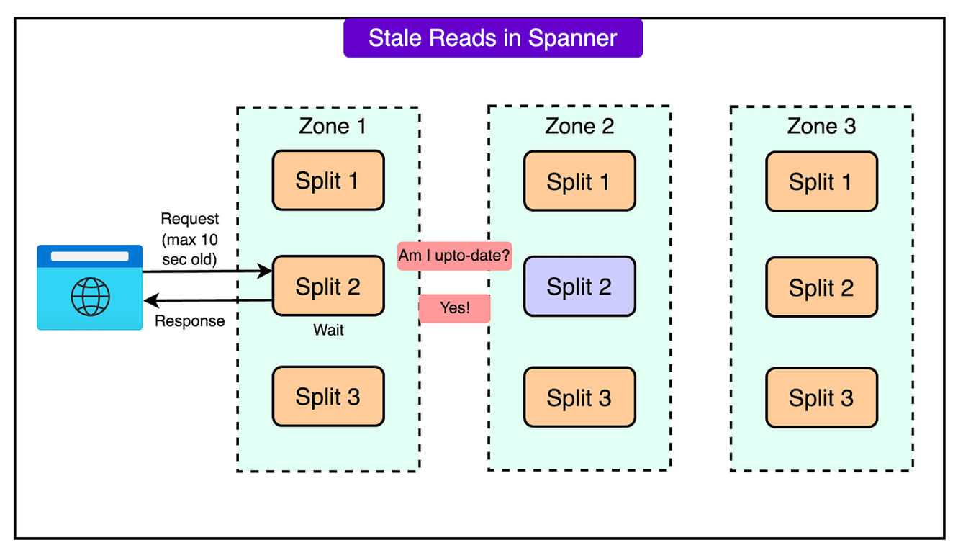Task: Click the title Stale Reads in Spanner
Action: click(492, 38)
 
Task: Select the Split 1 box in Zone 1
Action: click(327, 181)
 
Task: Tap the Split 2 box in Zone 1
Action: click(327, 286)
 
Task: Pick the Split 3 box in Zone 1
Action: click(327, 397)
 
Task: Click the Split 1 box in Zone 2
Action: click(579, 181)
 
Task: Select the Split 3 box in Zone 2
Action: click(579, 397)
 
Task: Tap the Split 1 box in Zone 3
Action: click(821, 181)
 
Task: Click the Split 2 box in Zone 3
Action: click(821, 287)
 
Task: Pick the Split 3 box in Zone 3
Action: click(821, 397)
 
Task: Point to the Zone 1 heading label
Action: click(333, 126)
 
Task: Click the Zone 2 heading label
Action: click(579, 126)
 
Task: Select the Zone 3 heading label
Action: click(821, 126)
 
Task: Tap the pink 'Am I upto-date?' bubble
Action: click(454, 256)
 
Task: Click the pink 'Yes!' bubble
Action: click(454, 308)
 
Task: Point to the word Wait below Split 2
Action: click(328, 331)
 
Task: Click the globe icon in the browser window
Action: click(90, 296)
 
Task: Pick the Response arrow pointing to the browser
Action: click(208, 300)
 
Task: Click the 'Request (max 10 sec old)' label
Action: click(189, 239)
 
